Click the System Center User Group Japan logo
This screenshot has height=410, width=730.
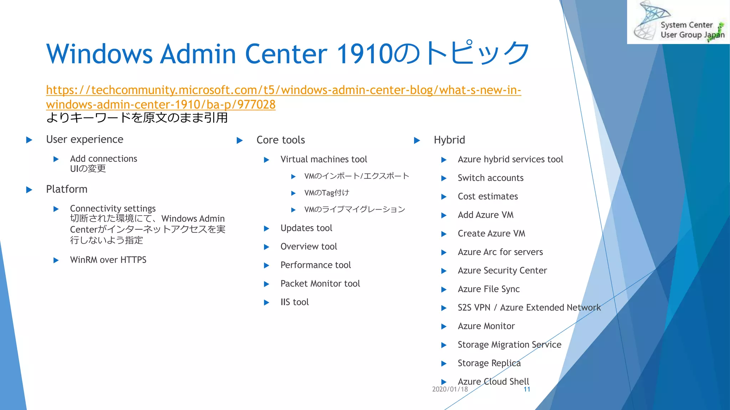click(678, 22)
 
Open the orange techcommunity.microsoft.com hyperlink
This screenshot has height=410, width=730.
click(283, 90)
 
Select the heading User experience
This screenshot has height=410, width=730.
click(84, 140)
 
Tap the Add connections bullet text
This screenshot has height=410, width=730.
click(103, 159)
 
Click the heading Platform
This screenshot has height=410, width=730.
click(67, 189)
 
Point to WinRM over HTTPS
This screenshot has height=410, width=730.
click(108, 260)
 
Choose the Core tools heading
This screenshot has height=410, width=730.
click(281, 140)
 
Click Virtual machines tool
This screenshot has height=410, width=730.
click(324, 159)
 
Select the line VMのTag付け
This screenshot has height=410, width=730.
click(327, 193)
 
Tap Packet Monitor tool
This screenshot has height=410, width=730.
click(320, 284)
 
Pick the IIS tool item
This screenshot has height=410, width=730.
click(294, 302)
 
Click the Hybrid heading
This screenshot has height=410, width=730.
click(449, 140)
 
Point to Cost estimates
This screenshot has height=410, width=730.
click(488, 196)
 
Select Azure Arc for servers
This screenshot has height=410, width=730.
click(500, 252)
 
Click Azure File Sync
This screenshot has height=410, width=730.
click(488, 289)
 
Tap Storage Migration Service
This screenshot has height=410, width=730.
click(509, 345)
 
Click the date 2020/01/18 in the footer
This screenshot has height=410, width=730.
click(450, 389)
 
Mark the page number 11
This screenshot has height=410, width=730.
click(527, 389)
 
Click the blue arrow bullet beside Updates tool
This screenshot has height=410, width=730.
click(266, 228)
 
